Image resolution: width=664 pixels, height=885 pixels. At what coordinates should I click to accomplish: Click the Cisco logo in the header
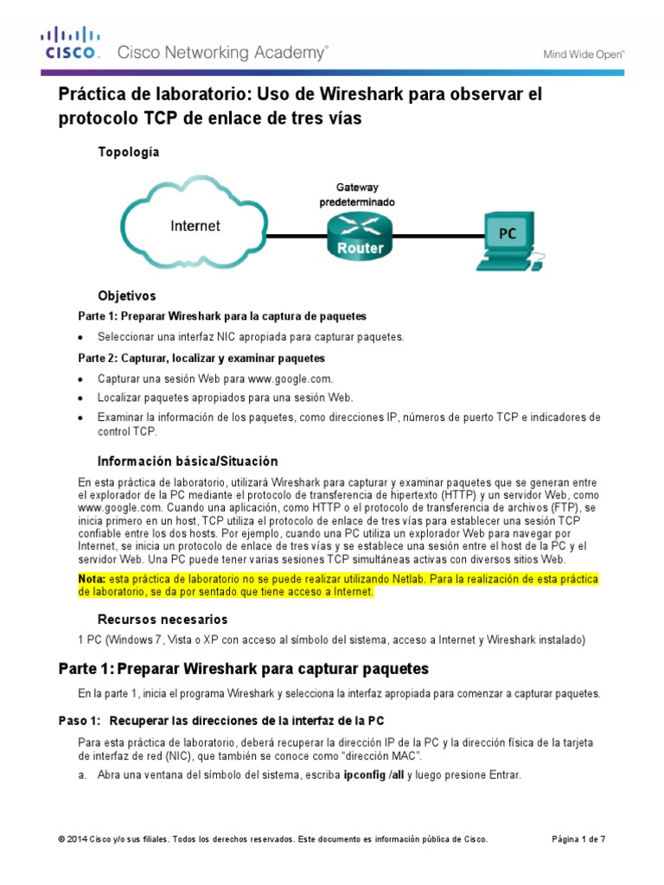click(x=72, y=44)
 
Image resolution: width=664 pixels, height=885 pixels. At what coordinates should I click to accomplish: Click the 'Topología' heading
click(x=129, y=152)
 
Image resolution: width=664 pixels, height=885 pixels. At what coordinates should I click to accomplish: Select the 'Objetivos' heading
click(x=127, y=296)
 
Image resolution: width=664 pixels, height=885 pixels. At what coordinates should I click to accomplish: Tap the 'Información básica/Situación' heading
click(x=188, y=461)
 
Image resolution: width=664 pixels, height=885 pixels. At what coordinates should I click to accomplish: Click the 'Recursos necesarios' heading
click(x=163, y=619)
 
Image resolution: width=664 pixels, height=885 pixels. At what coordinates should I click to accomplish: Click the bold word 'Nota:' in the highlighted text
click(x=92, y=577)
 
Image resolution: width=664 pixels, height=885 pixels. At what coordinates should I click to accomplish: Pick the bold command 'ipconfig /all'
click(x=374, y=775)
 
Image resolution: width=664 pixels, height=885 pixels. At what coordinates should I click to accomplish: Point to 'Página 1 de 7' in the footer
click(x=579, y=839)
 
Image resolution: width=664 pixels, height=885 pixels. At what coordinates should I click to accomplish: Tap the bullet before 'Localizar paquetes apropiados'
click(x=81, y=398)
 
